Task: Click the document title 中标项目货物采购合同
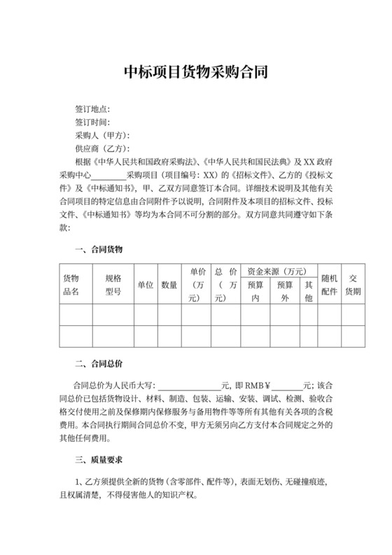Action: tap(195, 73)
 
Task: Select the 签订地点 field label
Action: tap(92, 110)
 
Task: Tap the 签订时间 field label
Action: tap(92, 123)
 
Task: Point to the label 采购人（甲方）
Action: tap(102, 135)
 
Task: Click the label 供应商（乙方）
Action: tap(102, 149)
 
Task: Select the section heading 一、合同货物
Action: tap(99, 249)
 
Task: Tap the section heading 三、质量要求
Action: tap(99, 460)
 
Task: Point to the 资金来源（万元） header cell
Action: tap(275, 271)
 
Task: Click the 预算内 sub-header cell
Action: tap(255, 292)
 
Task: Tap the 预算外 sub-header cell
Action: tap(285, 292)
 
